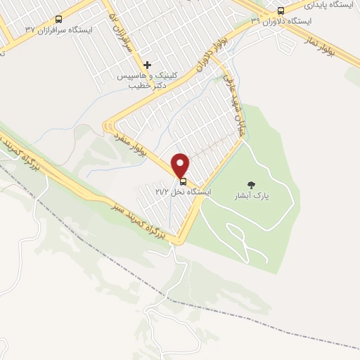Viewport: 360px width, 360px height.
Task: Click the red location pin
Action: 181,165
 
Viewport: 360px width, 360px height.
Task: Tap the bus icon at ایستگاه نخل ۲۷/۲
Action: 184,181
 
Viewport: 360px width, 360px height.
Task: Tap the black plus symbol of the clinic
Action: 147,65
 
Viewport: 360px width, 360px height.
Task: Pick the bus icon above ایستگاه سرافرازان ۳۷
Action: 58,19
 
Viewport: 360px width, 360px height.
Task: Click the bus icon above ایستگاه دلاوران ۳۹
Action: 281,11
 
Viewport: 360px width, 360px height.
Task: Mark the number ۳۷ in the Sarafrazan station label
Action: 30,30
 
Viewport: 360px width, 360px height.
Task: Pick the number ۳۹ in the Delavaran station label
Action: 255,21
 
